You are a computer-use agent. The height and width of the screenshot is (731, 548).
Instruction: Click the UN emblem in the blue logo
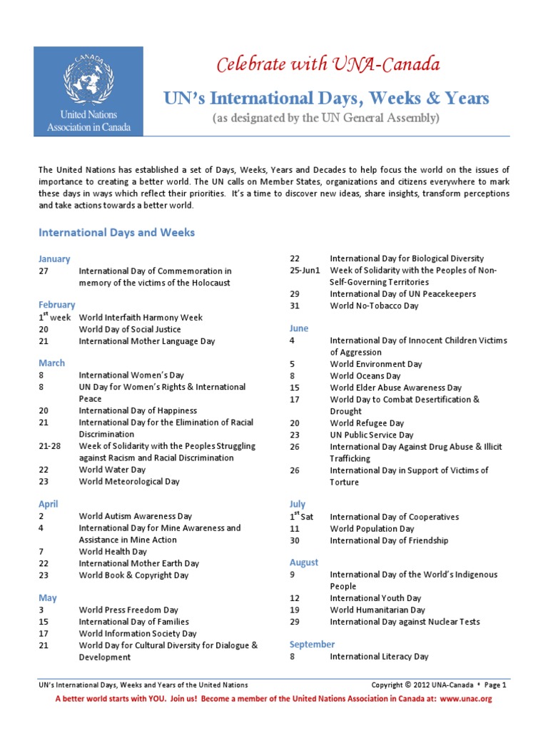pos(88,78)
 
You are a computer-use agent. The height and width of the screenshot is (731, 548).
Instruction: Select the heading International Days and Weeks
pos(116,233)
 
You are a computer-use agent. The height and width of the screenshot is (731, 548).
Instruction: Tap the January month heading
pos(54,259)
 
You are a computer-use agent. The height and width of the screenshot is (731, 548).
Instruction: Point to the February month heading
pos(56,305)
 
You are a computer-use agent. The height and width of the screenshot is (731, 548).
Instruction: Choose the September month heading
pos(312,644)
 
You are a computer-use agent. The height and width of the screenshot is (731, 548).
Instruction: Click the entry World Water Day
pos(112,470)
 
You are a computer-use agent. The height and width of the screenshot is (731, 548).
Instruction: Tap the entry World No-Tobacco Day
pos(374,306)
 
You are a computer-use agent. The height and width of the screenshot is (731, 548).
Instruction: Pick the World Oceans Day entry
pos(365,375)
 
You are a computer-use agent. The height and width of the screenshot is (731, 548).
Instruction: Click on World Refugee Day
pos(367,423)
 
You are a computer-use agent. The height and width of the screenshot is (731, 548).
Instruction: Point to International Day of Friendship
pos(389,540)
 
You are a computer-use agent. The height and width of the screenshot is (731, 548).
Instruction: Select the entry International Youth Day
pos(375,598)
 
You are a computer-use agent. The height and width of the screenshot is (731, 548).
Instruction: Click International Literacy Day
pos(379,656)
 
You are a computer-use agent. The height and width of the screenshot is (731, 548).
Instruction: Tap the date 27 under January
pos(44,271)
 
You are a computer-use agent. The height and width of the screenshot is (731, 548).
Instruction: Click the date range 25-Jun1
pos(305,271)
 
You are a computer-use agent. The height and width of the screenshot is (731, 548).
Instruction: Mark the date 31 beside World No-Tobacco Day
pos(295,306)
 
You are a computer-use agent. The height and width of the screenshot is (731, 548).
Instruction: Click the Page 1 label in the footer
pos(494,685)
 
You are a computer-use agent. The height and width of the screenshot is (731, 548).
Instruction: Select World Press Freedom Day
pos(128,610)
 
